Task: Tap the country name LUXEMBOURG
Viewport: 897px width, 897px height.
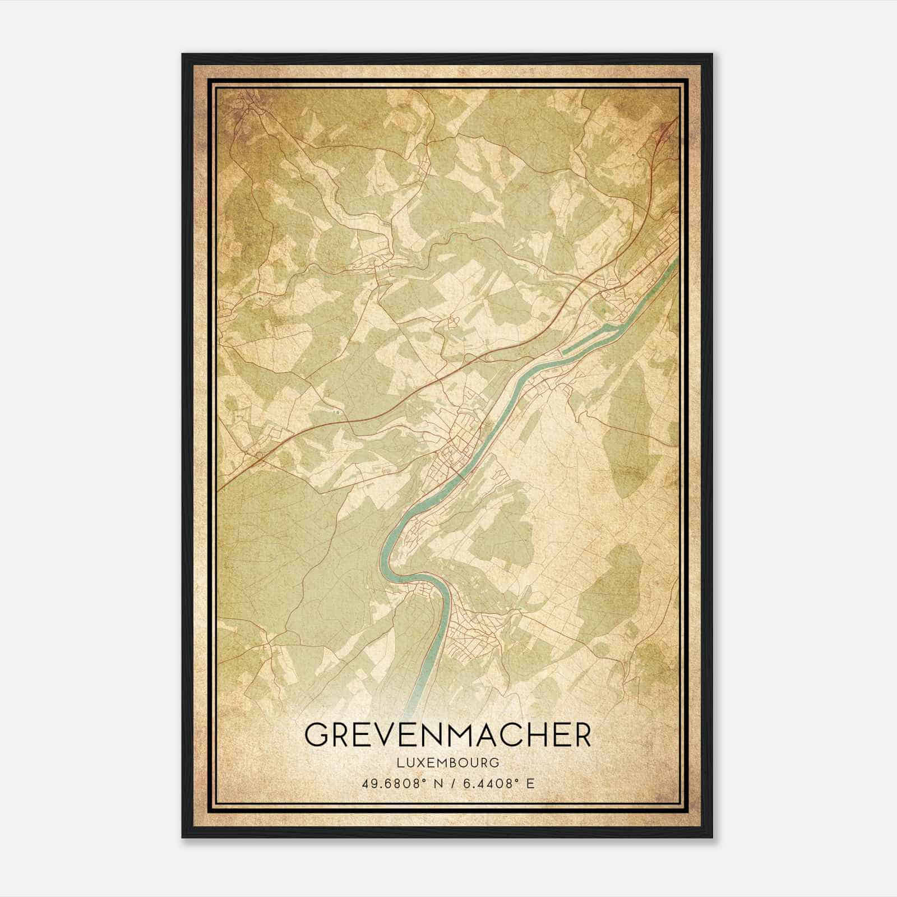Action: tap(447, 762)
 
